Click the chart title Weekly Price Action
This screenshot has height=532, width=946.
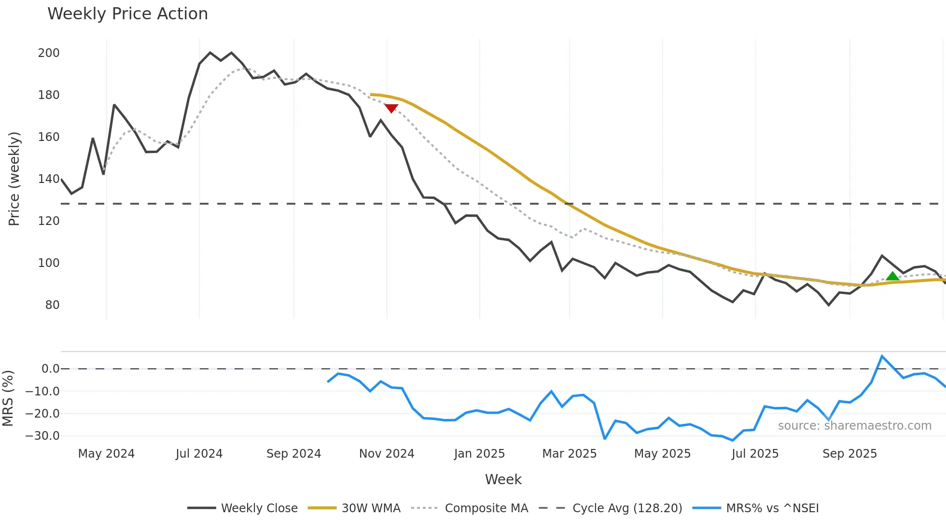pyautogui.click(x=127, y=14)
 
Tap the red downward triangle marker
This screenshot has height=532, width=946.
pyautogui.click(x=391, y=108)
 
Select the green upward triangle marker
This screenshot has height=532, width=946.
pyautogui.click(x=892, y=277)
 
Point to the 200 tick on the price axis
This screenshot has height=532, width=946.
pyautogui.click(x=49, y=53)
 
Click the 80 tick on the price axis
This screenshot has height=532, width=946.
pyautogui.click(x=52, y=305)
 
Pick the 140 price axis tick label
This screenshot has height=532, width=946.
pyautogui.click(x=49, y=179)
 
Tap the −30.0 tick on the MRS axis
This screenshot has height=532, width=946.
pyautogui.click(x=42, y=436)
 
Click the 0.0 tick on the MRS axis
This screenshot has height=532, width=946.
pyautogui.click(x=50, y=369)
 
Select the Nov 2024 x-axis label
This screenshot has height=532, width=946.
pyautogui.click(x=387, y=454)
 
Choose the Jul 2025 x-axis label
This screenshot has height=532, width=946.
pyautogui.click(x=755, y=454)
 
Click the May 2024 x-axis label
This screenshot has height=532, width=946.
pyautogui.click(x=106, y=454)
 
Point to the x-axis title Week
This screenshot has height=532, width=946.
pyautogui.click(x=503, y=479)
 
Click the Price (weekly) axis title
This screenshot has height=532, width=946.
pyautogui.click(x=14, y=179)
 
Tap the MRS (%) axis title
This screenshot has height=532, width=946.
pyautogui.click(x=8, y=398)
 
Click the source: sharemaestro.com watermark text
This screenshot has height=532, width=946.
pyautogui.click(x=854, y=426)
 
